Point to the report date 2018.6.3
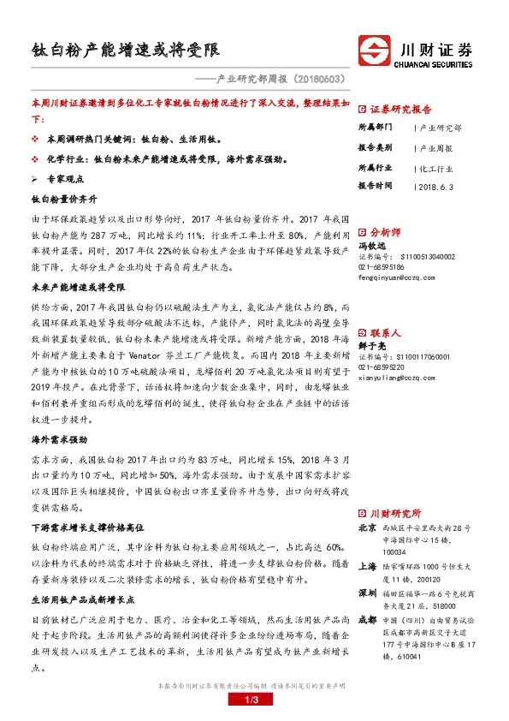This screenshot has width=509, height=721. [437, 185]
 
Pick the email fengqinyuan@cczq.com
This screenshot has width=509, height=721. [401, 277]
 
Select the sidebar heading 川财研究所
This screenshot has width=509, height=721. [394, 512]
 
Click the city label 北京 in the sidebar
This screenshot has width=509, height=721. [366, 528]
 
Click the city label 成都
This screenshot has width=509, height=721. [366, 617]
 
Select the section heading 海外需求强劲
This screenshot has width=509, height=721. [59, 439]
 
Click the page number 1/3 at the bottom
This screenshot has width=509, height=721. [254, 701]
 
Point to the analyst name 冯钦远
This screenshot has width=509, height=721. [373, 245]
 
